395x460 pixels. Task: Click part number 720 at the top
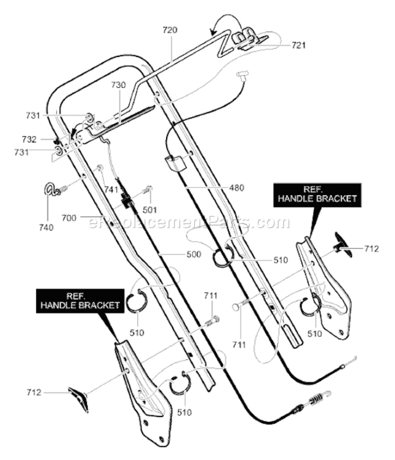pos(170,30)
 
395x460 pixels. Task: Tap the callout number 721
pos(299,45)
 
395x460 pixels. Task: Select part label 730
pos(118,85)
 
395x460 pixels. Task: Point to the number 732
pos(29,139)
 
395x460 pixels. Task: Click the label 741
pos(111,190)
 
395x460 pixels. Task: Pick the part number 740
pos(47,228)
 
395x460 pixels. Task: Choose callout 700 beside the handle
pos(69,218)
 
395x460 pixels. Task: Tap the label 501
pos(150,210)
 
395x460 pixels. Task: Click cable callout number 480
pos(236,188)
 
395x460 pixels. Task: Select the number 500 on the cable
pos(194,254)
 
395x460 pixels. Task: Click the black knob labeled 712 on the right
pos(343,245)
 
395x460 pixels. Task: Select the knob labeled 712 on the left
pos(78,399)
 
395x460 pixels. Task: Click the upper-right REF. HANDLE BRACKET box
pos(317,195)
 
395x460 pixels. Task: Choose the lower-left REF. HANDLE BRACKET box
pos(80,301)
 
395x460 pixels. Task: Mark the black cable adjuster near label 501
pos(127,202)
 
